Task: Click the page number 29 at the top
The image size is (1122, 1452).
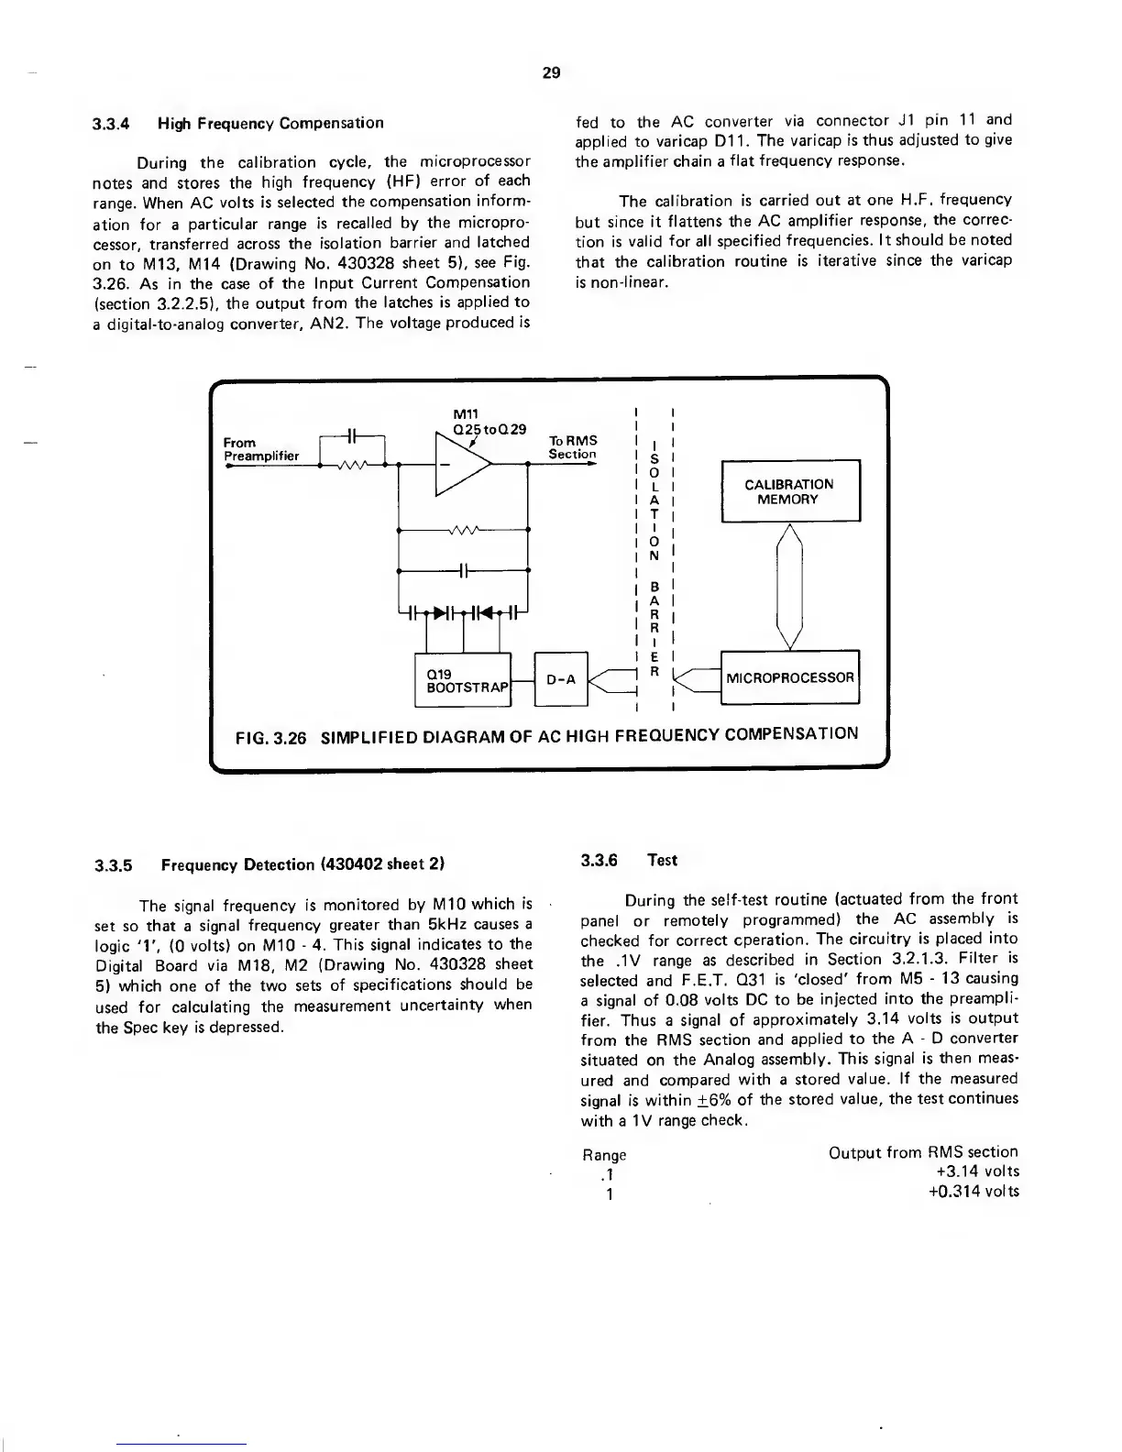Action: (x=551, y=72)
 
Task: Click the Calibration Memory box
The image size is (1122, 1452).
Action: (x=790, y=491)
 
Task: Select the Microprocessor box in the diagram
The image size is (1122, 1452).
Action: (x=790, y=678)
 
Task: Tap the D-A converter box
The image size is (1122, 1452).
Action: (x=560, y=679)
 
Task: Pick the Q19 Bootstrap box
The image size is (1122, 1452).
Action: (x=461, y=679)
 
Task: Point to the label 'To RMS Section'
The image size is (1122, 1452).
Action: (x=572, y=447)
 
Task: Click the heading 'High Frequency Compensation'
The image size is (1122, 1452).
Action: (x=270, y=123)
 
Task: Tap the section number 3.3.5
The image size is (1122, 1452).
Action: (x=115, y=864)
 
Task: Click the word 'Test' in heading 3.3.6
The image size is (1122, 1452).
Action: (x=662, y=860)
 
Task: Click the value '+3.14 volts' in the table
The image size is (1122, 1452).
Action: (x=973, y=1171)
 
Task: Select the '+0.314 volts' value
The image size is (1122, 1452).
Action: (x=973, y=1192)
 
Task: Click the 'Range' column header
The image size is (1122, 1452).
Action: (x=605, y=1155)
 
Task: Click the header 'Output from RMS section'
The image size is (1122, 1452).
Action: (x=922, y=1152)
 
